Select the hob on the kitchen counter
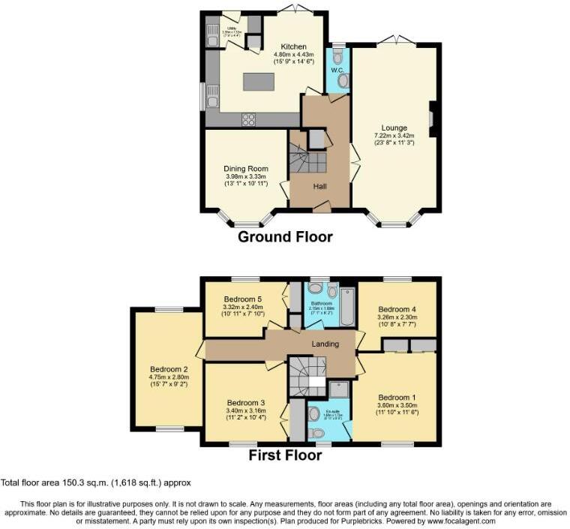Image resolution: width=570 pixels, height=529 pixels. click(248, 119)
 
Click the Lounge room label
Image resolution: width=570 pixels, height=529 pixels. click(394, 128)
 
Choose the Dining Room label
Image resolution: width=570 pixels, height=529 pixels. click(245, 169)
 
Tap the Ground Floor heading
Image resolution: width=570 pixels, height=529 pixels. click(285, 237)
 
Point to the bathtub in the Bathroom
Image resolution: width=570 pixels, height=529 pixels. click(346, 306)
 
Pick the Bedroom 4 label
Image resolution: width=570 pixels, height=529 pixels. click(397, 308)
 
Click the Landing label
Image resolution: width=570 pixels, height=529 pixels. click(326, 344)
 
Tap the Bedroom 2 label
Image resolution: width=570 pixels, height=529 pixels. click(168, 369)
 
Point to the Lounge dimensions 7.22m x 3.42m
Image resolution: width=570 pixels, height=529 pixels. click(394, 137)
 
